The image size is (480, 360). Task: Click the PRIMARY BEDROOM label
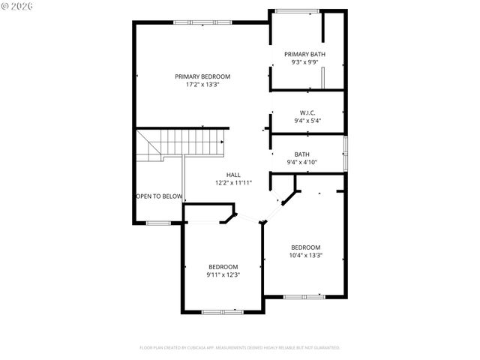pos(202,76)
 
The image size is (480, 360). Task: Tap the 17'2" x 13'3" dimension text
pos(202,85)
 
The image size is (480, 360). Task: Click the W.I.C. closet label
pos(307,112)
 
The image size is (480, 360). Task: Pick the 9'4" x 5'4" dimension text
pos(307,120)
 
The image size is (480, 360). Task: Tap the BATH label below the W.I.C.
pos(301,154)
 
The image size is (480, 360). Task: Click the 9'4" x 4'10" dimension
pos(301,163)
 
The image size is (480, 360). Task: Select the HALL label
pos(233,175)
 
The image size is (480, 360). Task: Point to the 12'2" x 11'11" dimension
pos(233,183)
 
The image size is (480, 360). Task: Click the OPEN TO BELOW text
pos(159,196)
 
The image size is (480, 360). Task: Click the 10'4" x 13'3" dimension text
pos(306,256)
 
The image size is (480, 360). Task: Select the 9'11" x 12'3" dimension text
pos(223,275)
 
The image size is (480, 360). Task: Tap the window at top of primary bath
pos(293,10)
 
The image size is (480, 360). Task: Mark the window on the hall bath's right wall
pos(345,152)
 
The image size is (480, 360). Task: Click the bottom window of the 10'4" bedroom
pos(304,297)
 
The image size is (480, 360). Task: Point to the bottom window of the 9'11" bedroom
pos(223,311)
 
